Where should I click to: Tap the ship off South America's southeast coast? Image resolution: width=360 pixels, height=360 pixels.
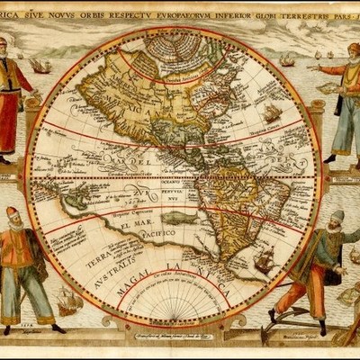tap(264, 261)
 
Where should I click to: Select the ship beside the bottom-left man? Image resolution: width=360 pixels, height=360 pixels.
tap(68, 301)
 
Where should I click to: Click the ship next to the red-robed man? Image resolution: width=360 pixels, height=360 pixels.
tap(40, 65)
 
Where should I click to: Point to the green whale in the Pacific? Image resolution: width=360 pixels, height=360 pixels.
tap(203, 216)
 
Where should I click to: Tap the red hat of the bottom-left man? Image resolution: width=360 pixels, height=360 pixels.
tap(12, 213)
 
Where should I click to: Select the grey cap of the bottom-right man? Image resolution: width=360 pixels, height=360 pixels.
tap(337, 216)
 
